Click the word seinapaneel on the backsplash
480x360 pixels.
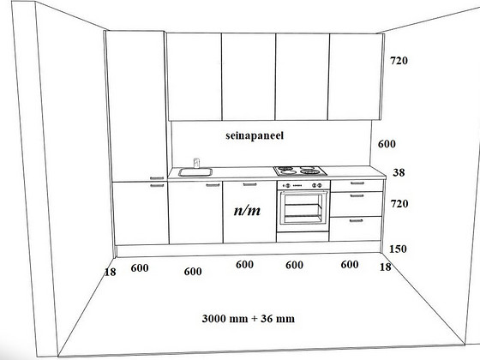255,136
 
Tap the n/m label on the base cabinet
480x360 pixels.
247,210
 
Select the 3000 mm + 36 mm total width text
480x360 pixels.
249,318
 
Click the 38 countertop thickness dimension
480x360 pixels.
399,172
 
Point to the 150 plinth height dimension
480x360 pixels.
398,249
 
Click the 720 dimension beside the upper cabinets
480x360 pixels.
399,61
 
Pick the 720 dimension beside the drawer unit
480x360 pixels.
399,204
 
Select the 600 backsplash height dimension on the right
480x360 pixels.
387,144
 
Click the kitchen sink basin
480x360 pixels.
195,172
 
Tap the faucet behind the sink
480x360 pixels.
196,163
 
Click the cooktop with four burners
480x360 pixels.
300,171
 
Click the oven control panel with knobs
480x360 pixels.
303,185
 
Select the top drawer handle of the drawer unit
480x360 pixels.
357,183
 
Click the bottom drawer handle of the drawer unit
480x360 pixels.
356,220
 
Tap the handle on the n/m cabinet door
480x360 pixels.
249,184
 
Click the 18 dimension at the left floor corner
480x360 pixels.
111,272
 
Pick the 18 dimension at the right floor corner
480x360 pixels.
386,267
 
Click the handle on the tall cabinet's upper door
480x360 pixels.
157,178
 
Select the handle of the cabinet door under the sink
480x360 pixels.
213,185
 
